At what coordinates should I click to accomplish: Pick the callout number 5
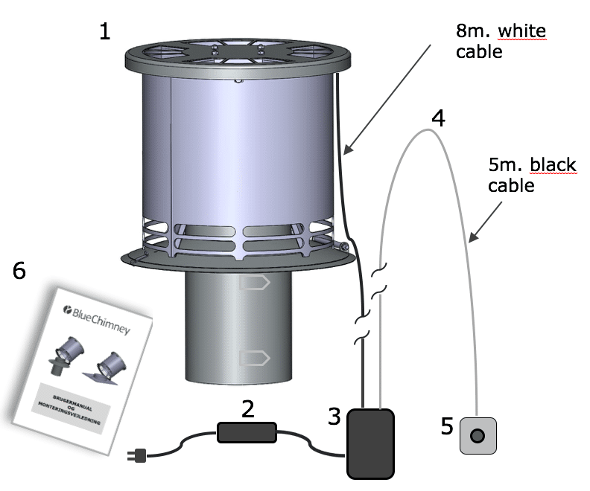(x=447, y=426)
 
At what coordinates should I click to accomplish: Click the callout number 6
(x=19, y=272)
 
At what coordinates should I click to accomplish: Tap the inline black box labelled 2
(x=247, y=432)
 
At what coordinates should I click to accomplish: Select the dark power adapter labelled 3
(x=369, y=442)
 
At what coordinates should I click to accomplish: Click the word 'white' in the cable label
(x=521, y=32)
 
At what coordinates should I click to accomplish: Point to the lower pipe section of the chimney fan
(x=238, y=327)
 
